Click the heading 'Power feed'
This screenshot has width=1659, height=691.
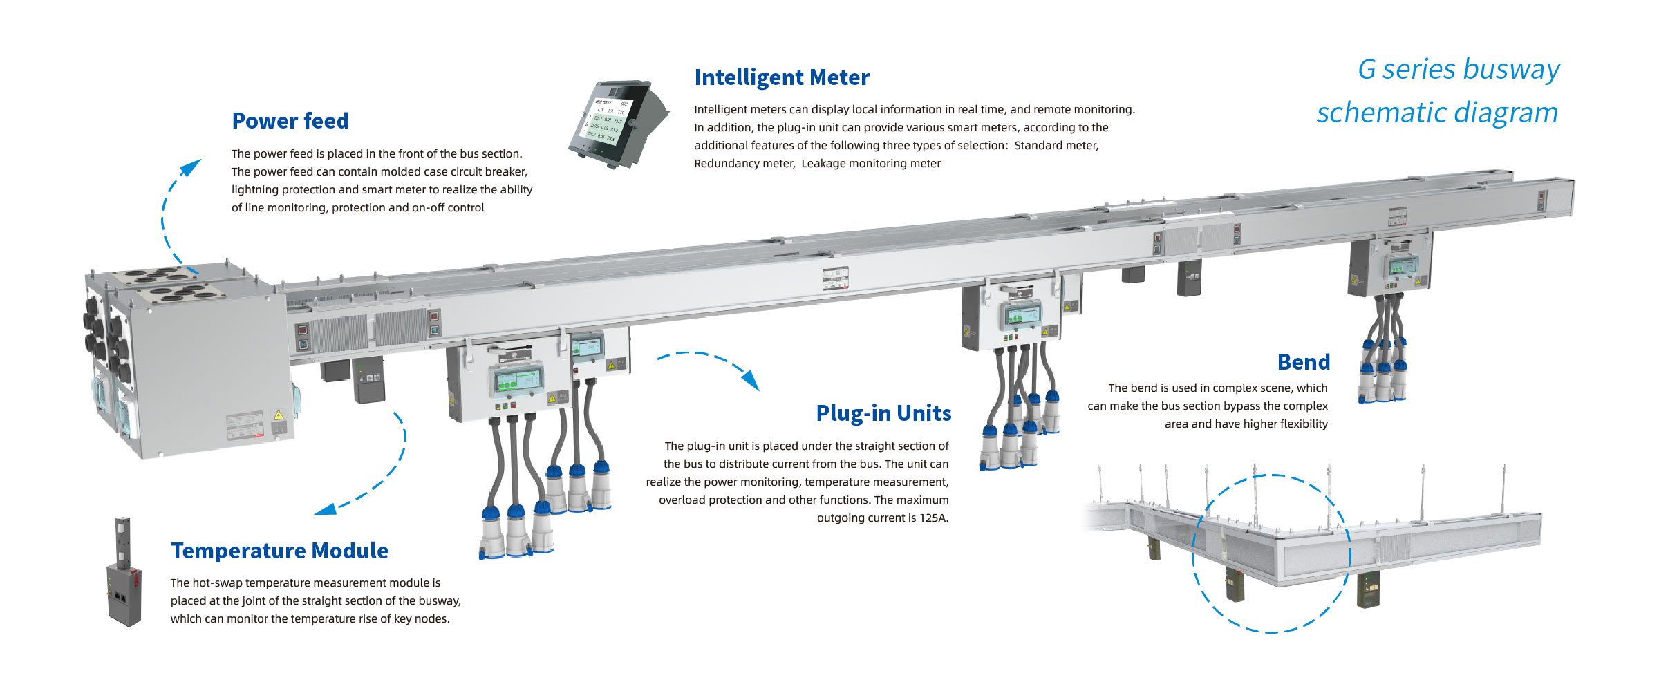point(290,121)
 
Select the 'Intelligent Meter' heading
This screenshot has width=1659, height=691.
point(782,77)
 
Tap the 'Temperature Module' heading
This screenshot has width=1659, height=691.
point(279,551)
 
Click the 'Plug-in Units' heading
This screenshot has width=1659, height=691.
point(883,413)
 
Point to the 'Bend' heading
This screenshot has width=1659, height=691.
point(1303,362)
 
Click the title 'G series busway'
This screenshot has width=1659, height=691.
point(1459,69)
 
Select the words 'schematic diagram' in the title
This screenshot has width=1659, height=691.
point(1437,113)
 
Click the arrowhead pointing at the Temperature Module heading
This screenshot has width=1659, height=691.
point(325,509)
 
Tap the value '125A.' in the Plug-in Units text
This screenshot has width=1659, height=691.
point(934,518)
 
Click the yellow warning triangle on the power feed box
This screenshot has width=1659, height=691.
point(279,415)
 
